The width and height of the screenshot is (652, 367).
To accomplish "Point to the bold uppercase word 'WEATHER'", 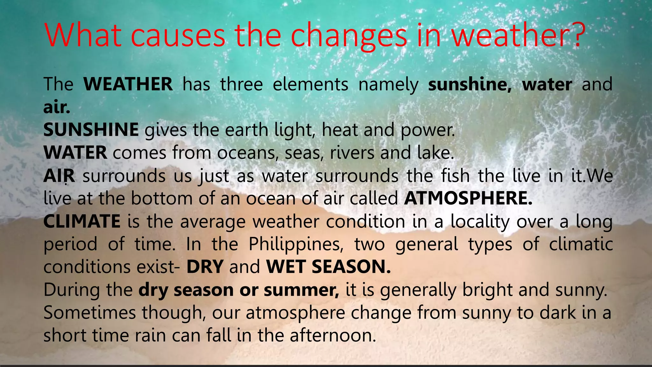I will (128, 84).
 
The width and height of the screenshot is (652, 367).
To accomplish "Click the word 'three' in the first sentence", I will (241, 84).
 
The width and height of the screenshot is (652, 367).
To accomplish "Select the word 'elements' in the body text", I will (310, 84).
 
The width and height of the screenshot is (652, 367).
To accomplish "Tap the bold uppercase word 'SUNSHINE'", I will (91, 130).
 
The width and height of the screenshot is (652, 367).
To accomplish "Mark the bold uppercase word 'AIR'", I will (59, 176).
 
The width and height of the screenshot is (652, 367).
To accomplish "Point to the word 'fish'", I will (456, 176).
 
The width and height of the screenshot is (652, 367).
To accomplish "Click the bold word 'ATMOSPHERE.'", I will (468, 198).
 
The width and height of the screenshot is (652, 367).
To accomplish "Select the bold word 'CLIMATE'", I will (82, 221).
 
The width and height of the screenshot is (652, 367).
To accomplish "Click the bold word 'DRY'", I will (205, 267).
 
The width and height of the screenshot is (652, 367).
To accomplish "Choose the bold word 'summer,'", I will (301, 290).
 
